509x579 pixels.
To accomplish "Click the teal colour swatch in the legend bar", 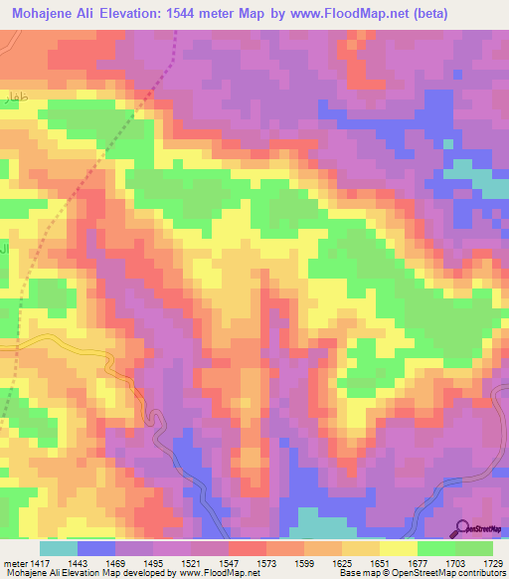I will [58, 549].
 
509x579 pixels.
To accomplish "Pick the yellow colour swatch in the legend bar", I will [398, 549].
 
